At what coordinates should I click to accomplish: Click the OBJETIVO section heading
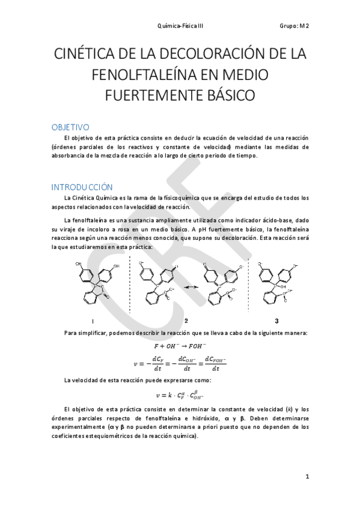coord(70,127)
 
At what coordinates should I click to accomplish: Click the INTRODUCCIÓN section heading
coord(82,186)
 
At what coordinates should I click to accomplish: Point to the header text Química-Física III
coord(180,26)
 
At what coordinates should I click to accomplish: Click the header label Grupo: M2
coord(294,26)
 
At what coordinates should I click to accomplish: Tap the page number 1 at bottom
coord(307,477)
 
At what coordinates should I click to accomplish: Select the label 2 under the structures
coord(186,321)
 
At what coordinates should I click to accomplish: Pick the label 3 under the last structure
coord(276,321)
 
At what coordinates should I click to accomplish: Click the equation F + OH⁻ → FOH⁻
coord(180,346)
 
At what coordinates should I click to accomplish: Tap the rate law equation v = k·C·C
coord(180,395)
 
